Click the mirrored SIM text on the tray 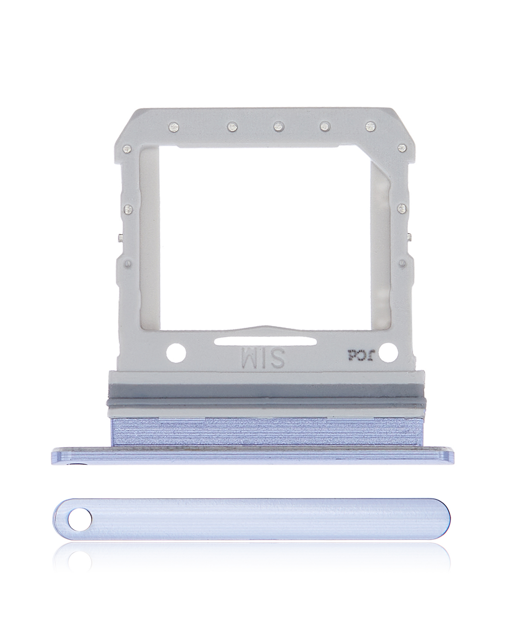263,357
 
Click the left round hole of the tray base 176,353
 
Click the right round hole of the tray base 388,352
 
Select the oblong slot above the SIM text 265,342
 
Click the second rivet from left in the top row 232,127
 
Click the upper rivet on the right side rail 401,209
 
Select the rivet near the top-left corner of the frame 127,148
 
